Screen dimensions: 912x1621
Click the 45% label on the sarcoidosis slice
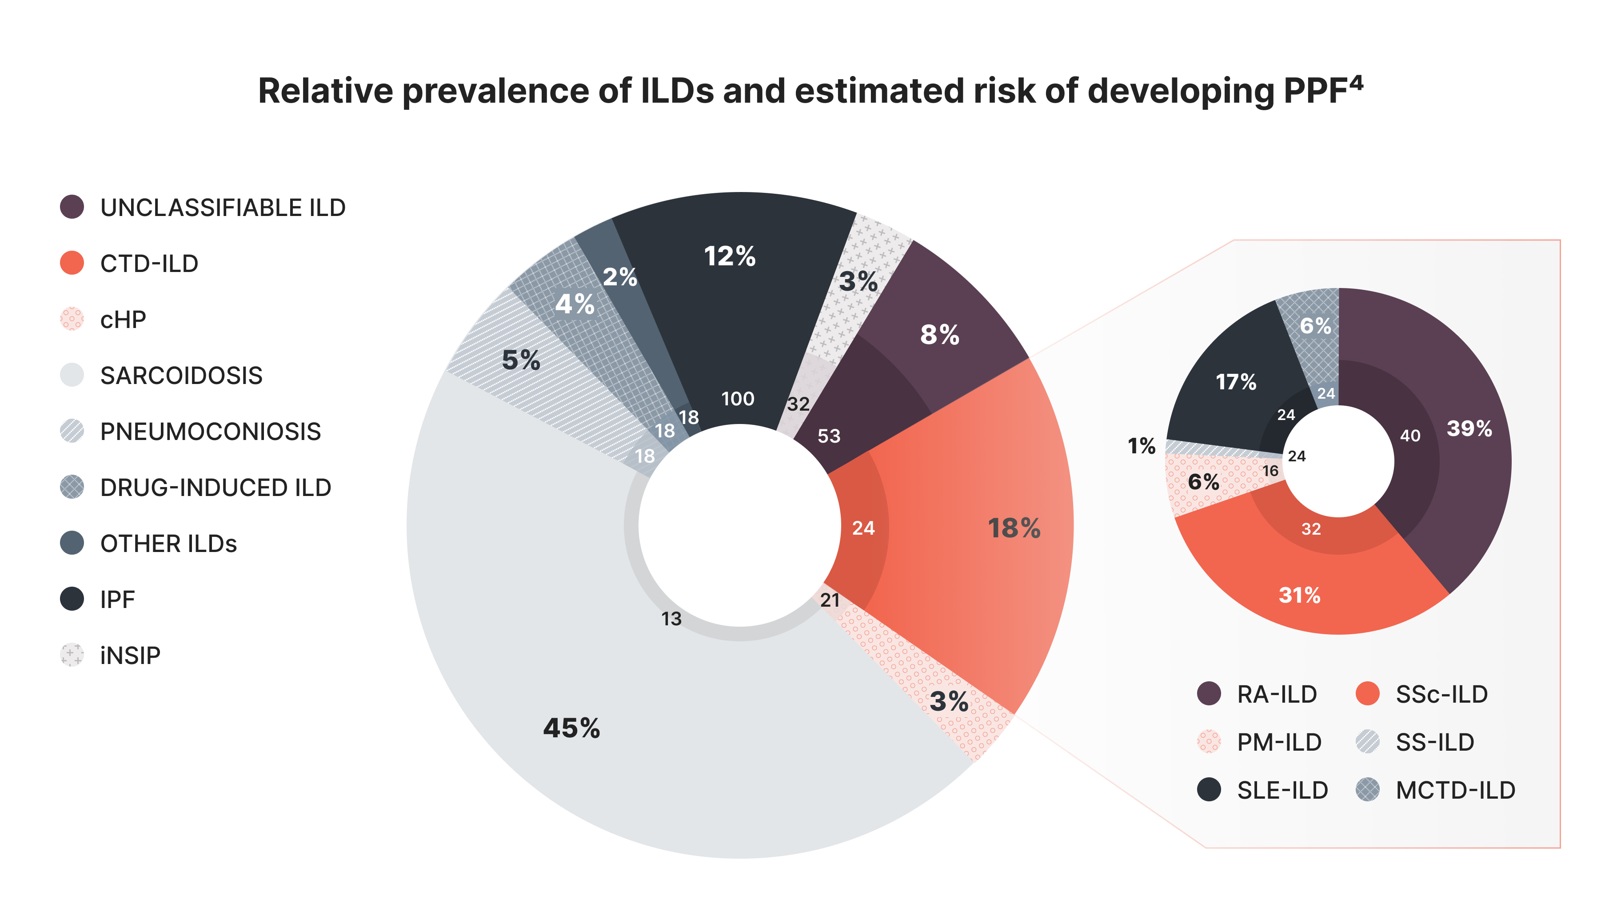(x=571, y=728)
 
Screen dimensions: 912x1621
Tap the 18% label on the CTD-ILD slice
(x=1014, y=528)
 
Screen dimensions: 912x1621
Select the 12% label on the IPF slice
(x=729, y=256)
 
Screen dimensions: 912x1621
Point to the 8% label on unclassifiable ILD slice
(x=939, y=334)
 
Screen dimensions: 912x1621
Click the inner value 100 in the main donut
(x=738, y=398)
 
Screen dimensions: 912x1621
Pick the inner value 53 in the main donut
(x=829, y=436)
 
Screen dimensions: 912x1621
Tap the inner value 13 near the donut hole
(x=671, y=619)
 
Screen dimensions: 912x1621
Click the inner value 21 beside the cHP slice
(x=830, y=600)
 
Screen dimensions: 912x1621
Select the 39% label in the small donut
(x=1469, y=428)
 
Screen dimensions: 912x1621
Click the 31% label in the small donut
(x=1299, y=595)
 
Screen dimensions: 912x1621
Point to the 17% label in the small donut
(x=1235, y=381)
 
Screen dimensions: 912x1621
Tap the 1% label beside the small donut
(x=1141, y=446)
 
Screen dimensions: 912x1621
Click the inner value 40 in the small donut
(x=1409, y=436)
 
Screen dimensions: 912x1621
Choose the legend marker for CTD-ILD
(x=72, y=263)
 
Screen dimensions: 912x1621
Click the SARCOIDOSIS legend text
(x=181, y=376)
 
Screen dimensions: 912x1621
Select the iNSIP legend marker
(x=72, y=655)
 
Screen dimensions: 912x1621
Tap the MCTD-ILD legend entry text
(x=1455, y=790)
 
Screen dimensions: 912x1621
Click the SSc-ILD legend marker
(x=1367, y=694)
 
